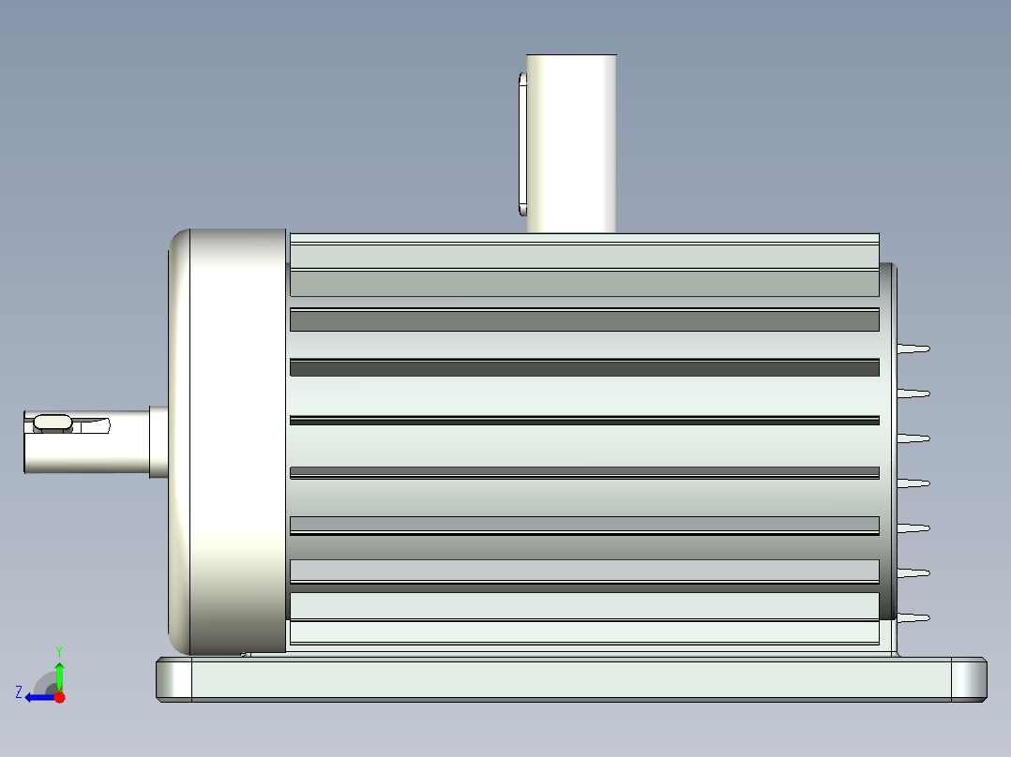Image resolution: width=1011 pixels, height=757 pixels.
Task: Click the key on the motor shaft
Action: pos(53,423)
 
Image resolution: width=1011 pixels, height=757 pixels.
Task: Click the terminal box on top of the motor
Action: pos(571,143)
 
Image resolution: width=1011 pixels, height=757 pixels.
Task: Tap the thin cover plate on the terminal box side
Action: pos(522,143)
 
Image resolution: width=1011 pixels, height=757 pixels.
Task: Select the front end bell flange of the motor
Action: pos(227,441)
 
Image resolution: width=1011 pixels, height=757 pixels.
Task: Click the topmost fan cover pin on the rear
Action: pos(913,349)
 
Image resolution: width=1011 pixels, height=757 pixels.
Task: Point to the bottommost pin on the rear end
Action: pos(913,617)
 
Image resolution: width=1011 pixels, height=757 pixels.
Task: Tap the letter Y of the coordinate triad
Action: pos(59,651)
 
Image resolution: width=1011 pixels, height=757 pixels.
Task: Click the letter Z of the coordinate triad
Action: pos(19,692)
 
